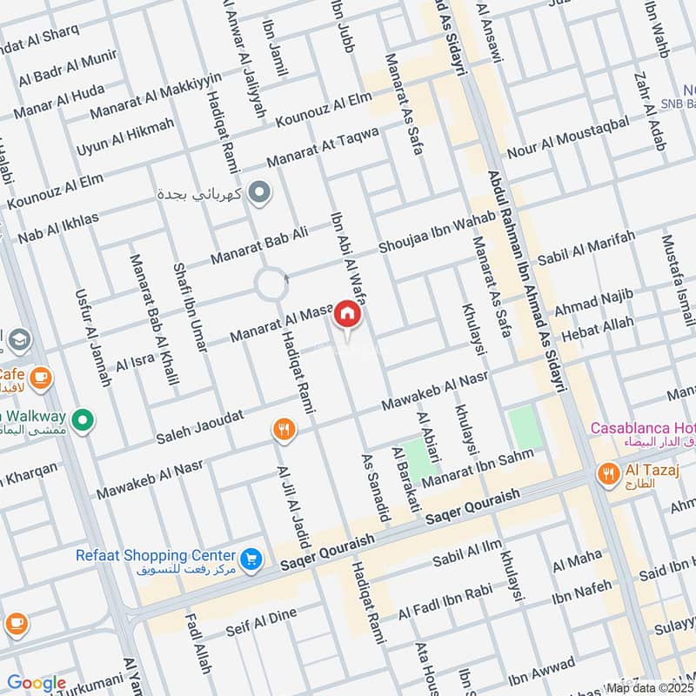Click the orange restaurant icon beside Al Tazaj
tap(608, 473)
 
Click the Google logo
tap(37, 684)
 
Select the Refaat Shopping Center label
tap(168, 555)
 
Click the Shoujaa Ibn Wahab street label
tap(430, 234)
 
